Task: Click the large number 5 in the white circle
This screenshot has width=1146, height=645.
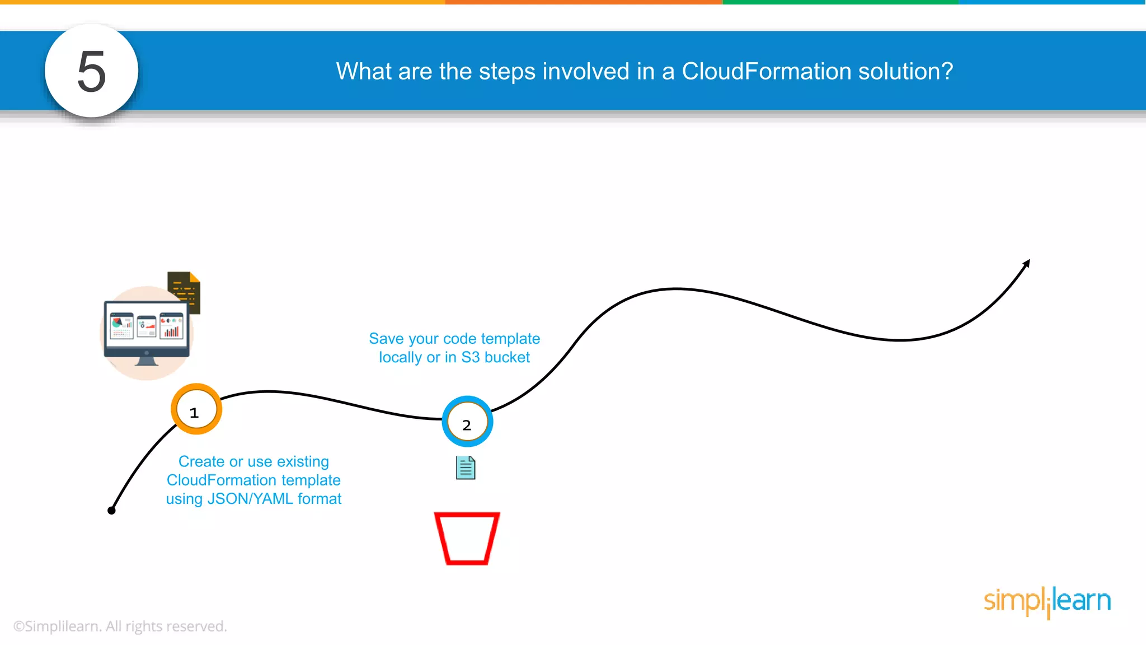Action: tap(91, 71)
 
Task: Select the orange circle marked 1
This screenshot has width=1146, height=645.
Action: tap(196, 409)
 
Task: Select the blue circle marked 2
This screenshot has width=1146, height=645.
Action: tap(467, 422)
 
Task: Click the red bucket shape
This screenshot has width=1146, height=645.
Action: tap(467, 538)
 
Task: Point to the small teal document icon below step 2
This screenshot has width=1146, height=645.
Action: tap(466, 468)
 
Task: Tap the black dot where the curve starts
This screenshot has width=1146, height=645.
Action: tap(111, 510)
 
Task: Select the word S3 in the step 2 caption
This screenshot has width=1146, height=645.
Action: tap(471, 357)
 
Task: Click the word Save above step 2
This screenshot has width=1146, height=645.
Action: tap(386, 339)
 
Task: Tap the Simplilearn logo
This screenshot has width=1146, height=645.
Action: tap(1047, 601)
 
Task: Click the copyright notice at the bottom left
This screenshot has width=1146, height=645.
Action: tap(120, 626)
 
